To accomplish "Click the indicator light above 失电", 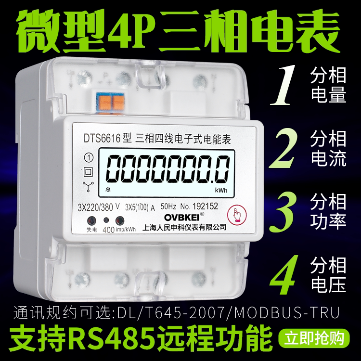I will pos(90,221).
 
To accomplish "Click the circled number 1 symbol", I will pos(88,157).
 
